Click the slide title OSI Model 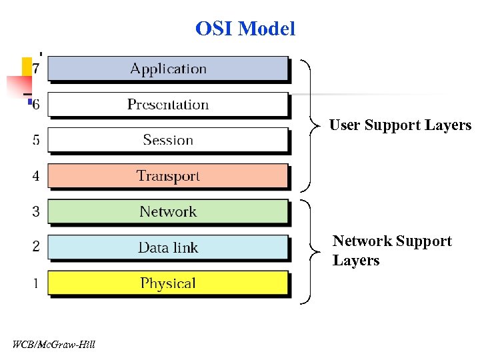click(245, 29)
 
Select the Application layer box click(168, 69)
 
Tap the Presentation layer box click(168, 105)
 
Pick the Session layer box click(168, 140)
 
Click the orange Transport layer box click(168, 176)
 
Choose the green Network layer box click(168, 212)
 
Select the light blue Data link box click(168, 247)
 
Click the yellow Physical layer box click(168, 283)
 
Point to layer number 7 click(36, 68)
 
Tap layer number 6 click(36, 104)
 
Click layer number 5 click(36, 140)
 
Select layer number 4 click(36, 176)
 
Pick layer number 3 click(36, 212)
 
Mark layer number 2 click(36, 247)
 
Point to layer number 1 click(36, 283)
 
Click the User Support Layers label click(400, 125)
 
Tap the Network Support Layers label click(391, 251)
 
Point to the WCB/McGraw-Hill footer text click(53, 344)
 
